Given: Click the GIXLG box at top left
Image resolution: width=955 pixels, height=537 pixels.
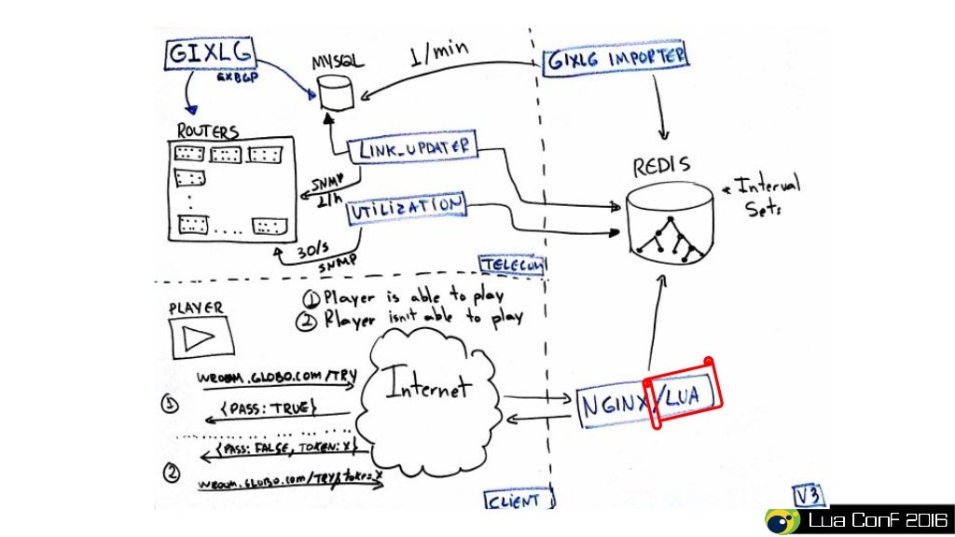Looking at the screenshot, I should (x=209, y=54).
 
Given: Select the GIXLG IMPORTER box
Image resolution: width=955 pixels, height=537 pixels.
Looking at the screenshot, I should (x=616, y=59).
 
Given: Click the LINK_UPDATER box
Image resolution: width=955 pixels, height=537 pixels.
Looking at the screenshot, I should (x=413, y=148).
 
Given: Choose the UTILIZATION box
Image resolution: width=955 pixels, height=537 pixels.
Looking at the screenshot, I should (x=406, y=211).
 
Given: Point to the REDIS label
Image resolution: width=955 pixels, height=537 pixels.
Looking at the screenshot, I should (x=661, y=167).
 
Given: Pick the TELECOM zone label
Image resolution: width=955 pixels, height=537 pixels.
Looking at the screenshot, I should (x=510, y=266).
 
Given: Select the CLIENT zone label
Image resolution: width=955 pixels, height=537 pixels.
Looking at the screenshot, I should (x=512, y=501).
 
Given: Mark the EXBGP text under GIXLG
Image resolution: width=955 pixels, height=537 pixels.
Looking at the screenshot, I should (x=237, y=78).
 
